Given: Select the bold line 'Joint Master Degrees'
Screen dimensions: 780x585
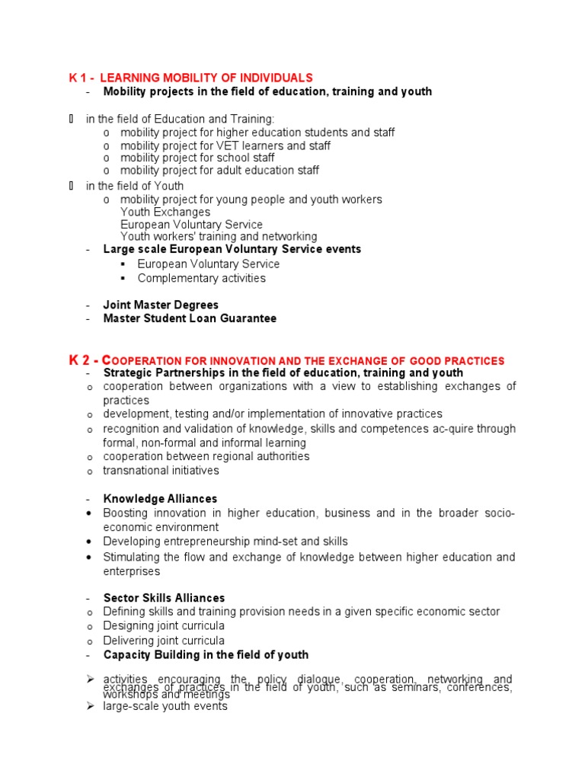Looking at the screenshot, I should click(x=161, y=305).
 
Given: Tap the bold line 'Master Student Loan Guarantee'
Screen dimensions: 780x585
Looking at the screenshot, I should click(x=190, y=318).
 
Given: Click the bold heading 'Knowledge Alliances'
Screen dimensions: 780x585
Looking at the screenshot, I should click(x=160, y=499).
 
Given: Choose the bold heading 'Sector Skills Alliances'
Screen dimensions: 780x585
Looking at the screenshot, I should click(x=164, y=598).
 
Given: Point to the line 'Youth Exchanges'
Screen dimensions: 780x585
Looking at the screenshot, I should click(x=165, y=212).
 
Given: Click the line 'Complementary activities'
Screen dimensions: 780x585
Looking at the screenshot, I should click(x=201, y=278).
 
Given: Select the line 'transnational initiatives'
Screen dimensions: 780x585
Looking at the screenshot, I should click(x=161, y=471).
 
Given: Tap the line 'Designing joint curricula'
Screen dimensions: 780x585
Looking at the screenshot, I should click(x=164, y=626).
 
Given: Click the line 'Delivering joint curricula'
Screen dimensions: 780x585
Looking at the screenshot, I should click(x=164, y=641).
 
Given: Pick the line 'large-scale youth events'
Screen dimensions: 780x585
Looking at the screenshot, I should click(x=165, y=706).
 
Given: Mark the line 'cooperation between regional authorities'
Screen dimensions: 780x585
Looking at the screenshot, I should click(x=206, y=456).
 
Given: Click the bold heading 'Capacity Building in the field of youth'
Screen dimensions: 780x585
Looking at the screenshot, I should click(x=206, y=654).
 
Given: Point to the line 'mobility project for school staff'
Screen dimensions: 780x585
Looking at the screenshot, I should click(x=197, y=158).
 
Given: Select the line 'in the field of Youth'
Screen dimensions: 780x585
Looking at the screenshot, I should click(x=135, y=186).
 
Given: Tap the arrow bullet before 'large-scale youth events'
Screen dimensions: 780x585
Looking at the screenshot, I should click(x=88, y=706).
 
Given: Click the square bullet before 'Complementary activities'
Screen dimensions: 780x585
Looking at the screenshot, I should click(x=122, y=278).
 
